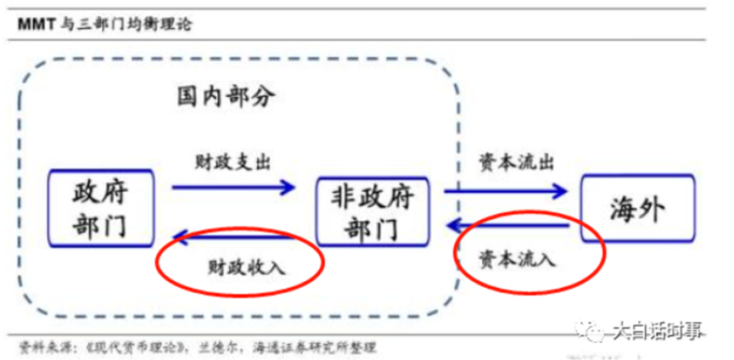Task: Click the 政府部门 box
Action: point(101,209)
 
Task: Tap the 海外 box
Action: point(637,209)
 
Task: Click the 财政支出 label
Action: point(231,160)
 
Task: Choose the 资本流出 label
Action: point(506,160)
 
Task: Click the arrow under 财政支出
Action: point(233,187)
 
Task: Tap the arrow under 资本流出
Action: point(506,192)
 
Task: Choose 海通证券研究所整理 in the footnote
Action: point(316,347)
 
